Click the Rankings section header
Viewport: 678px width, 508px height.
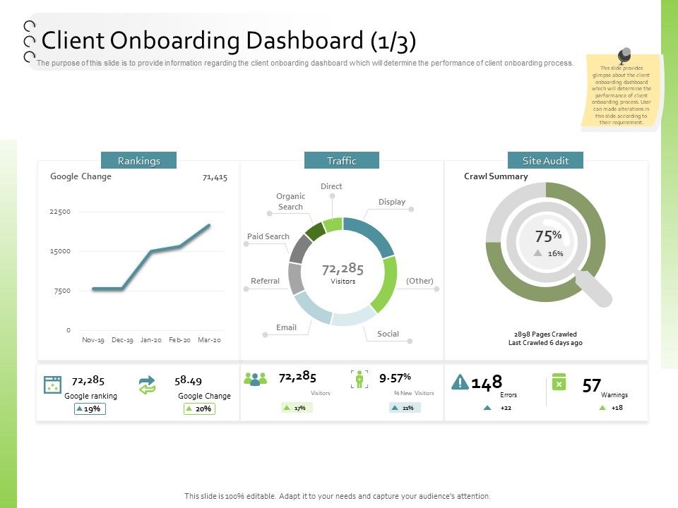click(138, 161)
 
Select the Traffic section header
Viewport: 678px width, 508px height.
click(341, 161)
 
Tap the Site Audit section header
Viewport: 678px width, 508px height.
click(545, 161)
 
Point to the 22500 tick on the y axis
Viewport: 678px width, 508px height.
click(60, 212)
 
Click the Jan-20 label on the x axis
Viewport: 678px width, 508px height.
click(151, 340)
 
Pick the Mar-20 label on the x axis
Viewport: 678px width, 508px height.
click(209, 340)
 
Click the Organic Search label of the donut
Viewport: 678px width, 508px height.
click(290, 202)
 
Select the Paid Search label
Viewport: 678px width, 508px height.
click(268, 236)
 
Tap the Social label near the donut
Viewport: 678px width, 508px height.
click(388, 334)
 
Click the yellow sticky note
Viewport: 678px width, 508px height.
click(621, 92)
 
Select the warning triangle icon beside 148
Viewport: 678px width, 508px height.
click(460, 382)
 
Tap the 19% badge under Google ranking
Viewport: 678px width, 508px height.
click(90, 409)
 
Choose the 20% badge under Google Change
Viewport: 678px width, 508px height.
click(200, 409)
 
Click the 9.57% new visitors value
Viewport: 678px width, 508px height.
click(395, 378)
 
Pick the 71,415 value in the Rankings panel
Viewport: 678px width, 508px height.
click(215, 177)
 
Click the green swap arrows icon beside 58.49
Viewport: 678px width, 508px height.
click(147, 385)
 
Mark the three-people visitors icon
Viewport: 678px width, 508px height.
click(255, 379)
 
